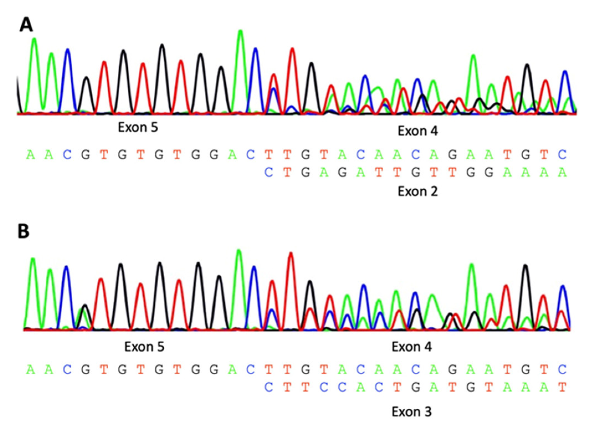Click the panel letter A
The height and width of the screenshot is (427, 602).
[x=26, y=25]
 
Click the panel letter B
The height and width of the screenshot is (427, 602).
[x=24, y=231]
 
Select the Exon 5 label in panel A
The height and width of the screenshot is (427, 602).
[x=138, y=127]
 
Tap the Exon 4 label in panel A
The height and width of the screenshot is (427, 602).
[x=418, y=131]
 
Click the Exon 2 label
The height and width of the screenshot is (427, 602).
[x=418, y=191]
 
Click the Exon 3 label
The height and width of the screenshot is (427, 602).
[x=411, y=412]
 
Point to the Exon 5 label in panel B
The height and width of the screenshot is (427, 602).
[x=144, y=347]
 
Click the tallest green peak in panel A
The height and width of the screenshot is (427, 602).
[x=241, y=31]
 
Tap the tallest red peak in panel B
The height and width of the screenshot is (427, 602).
[x=291, y=254]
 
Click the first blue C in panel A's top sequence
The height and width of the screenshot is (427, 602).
[x=67, y=155]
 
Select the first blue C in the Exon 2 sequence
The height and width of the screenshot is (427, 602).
[x=269, y=172]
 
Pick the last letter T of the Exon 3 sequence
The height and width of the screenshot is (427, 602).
[x=562, y=387]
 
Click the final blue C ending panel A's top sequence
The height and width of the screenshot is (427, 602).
[x=562, y=155]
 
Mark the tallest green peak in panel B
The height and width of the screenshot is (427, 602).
[x=239, y=251]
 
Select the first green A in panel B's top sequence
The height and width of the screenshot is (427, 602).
[x=30, y=370]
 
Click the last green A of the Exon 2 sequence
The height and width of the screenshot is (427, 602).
[x=562, y=172]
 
